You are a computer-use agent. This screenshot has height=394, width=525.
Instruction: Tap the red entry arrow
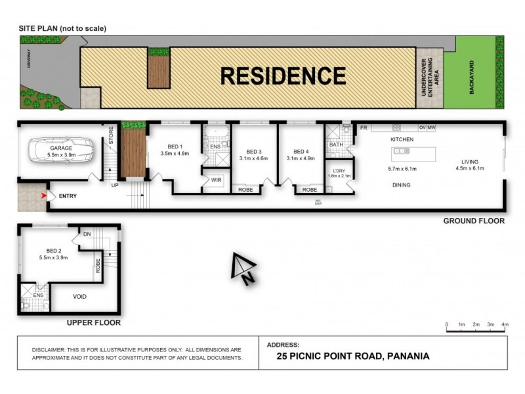click(x=44, y=196)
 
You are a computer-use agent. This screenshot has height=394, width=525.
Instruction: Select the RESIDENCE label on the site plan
click(x=283, y=76)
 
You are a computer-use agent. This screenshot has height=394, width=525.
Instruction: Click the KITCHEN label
click(x=401, y=141)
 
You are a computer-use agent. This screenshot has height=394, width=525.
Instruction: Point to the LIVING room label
click(x=469, y=162)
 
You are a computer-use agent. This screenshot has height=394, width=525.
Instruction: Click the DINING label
click(x=400, y=185)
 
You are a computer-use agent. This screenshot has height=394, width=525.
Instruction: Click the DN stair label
click(x=86, y=234)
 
